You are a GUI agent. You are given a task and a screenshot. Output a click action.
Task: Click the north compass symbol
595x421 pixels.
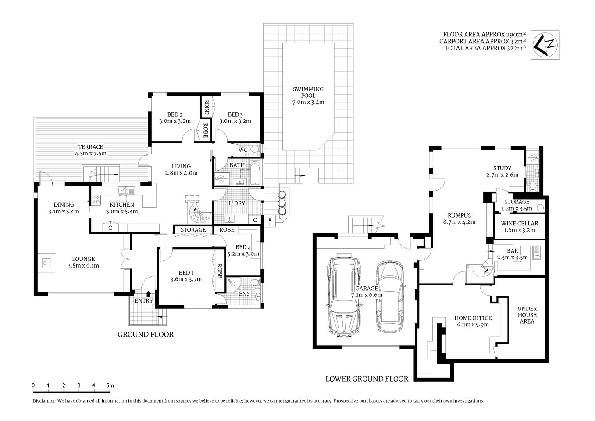[545, 45]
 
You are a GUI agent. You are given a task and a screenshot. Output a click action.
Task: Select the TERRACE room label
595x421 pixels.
[90, 147]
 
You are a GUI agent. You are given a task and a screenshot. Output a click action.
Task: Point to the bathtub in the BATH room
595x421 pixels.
[255, 173]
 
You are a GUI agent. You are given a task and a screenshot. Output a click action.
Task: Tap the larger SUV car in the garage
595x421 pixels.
[344, 296]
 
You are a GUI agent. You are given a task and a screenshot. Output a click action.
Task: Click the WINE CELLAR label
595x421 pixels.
[519, 223]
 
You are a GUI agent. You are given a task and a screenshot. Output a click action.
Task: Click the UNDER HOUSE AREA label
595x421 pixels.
[527, 315]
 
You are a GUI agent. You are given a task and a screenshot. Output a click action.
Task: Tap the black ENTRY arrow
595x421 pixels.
[148, 293]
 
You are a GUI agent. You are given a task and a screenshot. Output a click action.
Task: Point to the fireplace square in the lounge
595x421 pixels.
[46, 263]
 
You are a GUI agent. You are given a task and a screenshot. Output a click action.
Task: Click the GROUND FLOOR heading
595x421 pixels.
[146, 335]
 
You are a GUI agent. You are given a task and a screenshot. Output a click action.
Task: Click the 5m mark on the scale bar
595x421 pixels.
[110, 385]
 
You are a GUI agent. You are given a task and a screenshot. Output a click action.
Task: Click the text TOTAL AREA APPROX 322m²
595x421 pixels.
[485, 49]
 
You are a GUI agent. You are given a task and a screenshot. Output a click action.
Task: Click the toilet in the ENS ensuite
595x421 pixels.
[258, 296]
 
